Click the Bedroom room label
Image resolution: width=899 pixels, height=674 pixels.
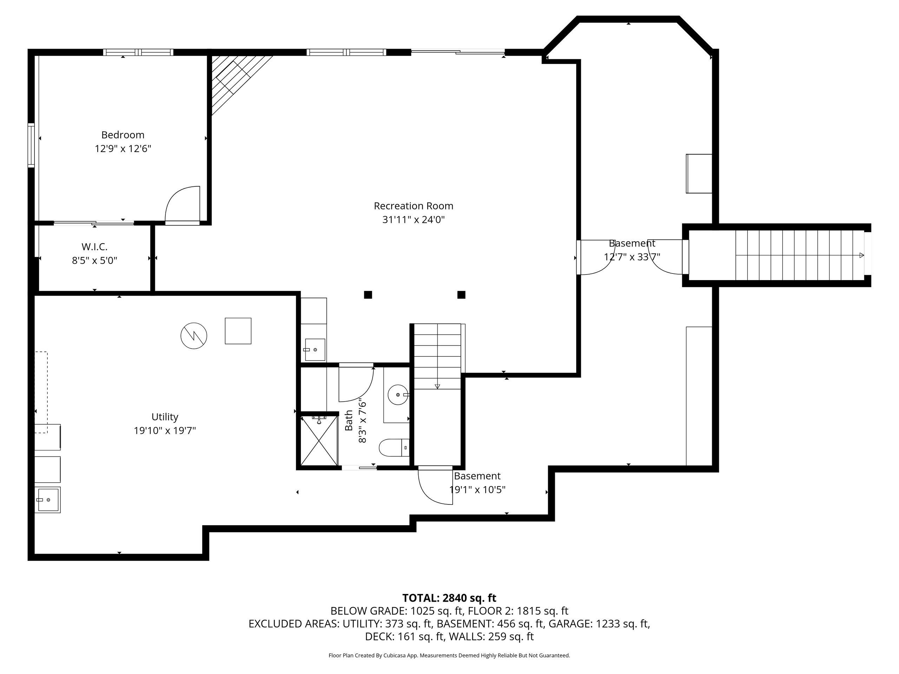click(x=123, y=135)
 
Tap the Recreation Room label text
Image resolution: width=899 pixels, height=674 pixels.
click(x=413, y=206)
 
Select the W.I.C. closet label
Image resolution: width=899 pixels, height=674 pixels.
click(x=94, y=246)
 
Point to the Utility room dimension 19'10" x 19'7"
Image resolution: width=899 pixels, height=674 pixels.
click(x=165, y=431)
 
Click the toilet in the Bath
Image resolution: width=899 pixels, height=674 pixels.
click(x=393, y=448)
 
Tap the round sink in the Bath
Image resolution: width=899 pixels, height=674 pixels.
click(x=398, y=395)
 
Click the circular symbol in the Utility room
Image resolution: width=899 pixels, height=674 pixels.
click(x=194, y=336)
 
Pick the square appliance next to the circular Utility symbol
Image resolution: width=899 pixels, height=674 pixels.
click(x=238, y=331)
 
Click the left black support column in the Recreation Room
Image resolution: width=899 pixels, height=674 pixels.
click(x=368, y=295)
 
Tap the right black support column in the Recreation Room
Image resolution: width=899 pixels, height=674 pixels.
click(x=461, y=295)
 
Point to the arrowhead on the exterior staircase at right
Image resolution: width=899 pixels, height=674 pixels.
click(x=862, y=255)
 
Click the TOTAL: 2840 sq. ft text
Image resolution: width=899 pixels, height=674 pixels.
click(x=449, y=598)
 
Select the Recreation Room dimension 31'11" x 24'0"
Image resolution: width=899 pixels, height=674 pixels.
click(x=413, y=220)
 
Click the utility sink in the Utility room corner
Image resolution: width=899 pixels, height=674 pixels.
click(x=47, y=500)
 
